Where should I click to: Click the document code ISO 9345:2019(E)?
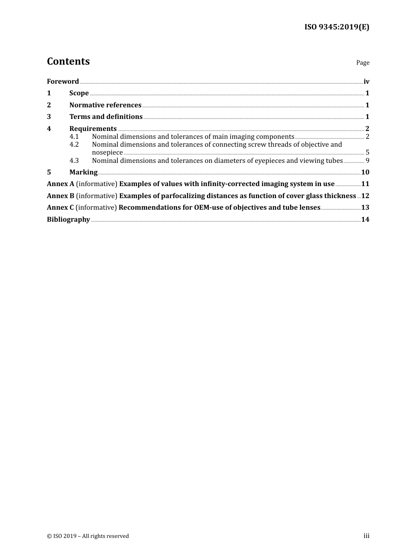point(336,27)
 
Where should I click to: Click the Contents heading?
point(68,61)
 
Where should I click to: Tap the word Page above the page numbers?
point(362,63)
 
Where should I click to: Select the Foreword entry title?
point(63,82)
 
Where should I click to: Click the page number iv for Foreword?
point(366,82)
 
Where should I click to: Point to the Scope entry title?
point(79,93)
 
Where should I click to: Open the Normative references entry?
point(105,105)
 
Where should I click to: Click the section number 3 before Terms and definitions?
point(49,117)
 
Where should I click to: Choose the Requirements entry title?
point(93,129)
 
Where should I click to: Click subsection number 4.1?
point(74,137)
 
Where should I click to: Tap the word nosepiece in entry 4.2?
point(107,153)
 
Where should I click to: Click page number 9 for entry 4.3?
point(367,161)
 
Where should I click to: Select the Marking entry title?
point(83,172)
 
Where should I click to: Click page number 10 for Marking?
point(365,172)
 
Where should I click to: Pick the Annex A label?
point(61,184)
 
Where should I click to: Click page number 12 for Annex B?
point(365,196)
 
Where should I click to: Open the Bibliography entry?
point(68,220)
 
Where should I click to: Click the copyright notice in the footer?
point(88,536)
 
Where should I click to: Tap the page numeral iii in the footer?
point(366,536)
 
